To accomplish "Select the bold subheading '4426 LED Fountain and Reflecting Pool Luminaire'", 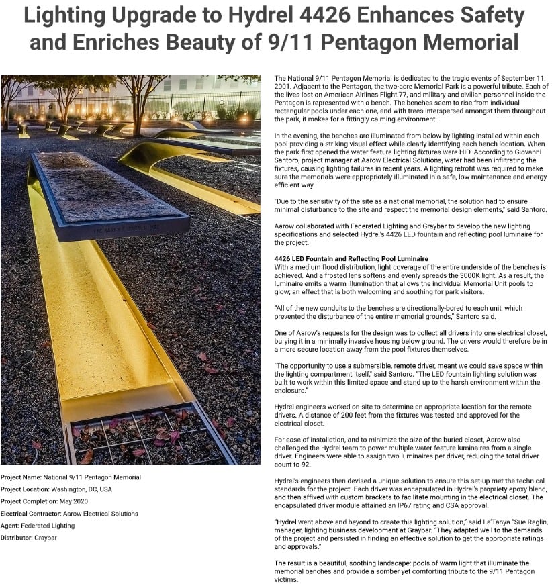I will point(351,259).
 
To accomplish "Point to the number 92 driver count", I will point(308,464).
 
